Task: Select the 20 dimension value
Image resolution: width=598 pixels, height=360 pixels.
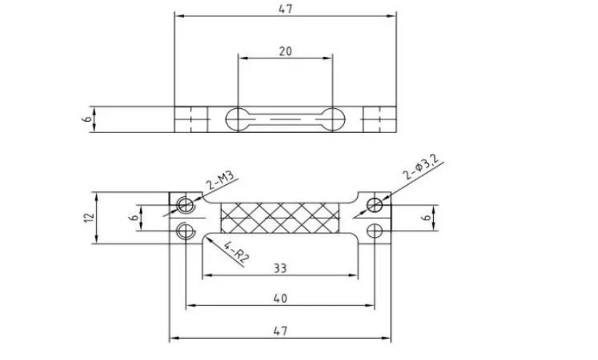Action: [x=285, y=51]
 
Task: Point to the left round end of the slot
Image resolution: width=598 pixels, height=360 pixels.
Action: [x=237, y=119]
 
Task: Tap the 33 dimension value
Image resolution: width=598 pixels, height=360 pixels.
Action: [x=279, y=268]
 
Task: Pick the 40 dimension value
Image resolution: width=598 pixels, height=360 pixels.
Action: [x=279, y=299]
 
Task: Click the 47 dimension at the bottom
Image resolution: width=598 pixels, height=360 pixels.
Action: [x=279, y=331]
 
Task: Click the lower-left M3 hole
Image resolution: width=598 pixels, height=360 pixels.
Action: [x=186, y=230]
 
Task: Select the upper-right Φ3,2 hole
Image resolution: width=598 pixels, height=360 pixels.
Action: [x=375, y=206]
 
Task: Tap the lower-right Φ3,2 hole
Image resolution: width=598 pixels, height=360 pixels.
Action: [x=375, y=230]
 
